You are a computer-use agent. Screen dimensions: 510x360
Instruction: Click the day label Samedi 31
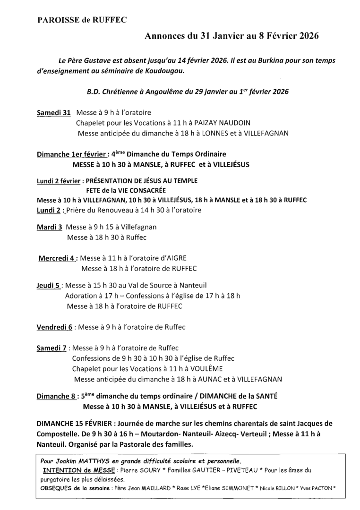tap(53, 113)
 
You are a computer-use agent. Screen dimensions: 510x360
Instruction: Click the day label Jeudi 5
tap(48, 285)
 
